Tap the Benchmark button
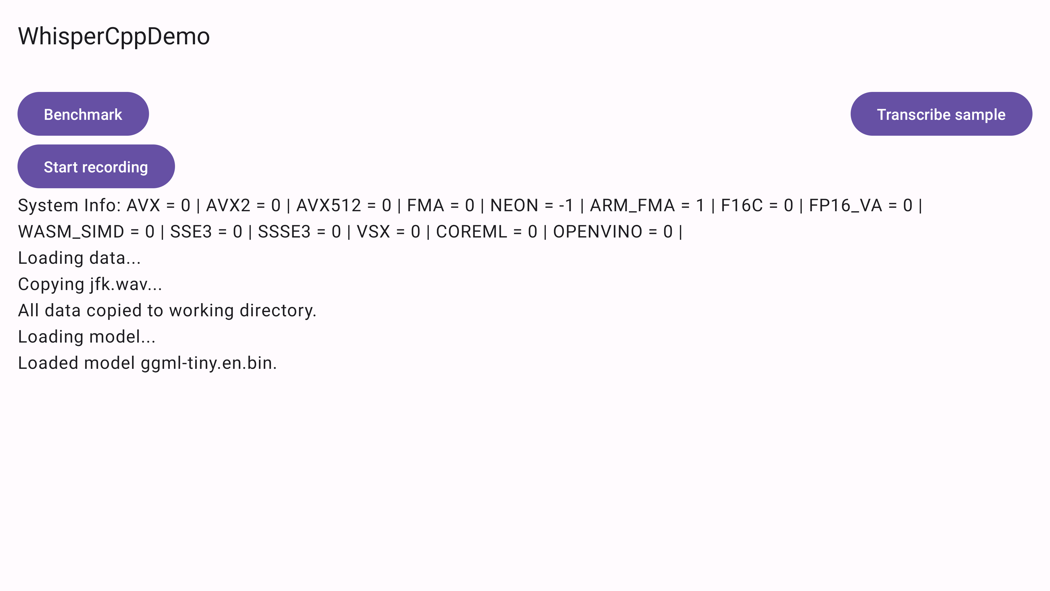83,114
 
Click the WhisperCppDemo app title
114,36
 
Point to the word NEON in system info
514,205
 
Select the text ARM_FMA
632,205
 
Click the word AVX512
328,205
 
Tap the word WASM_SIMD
71,232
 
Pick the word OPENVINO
597,232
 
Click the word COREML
472,232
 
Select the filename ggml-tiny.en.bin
208,363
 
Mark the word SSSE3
284,232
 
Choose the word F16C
742,205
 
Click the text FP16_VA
845,205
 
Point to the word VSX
373,232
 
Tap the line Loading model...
86,337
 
